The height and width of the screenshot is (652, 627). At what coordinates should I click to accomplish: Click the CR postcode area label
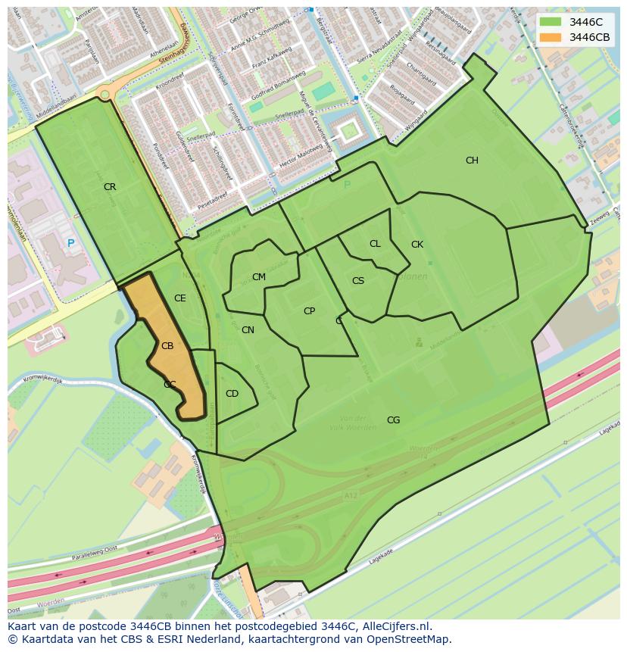pos(110,187)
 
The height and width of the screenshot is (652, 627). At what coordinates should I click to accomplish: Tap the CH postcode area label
pos(472,161)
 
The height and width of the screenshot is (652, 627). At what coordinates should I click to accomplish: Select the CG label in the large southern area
pos(393,420)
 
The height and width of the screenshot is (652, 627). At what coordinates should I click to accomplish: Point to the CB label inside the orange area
pos(167,346)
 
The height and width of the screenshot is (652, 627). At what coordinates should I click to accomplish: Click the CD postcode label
pos(232,394)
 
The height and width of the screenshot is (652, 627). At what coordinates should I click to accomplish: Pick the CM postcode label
pos(259,277)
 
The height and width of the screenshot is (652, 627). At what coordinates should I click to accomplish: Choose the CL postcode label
pos(375,244)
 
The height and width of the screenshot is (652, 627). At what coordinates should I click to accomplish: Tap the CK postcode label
pos(417,245)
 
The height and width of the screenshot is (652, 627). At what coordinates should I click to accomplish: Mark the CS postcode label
pos(358,281)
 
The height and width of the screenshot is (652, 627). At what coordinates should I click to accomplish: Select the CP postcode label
pos(309,311)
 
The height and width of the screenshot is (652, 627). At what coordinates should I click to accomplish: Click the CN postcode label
pos(248,330)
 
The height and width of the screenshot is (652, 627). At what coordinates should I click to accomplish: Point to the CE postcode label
pos(179,298)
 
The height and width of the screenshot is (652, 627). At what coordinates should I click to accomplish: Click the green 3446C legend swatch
pos(551,22)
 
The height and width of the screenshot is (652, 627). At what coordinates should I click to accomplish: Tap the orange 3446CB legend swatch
pos(551,37)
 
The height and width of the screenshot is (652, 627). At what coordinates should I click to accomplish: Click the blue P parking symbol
pos(70,243)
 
